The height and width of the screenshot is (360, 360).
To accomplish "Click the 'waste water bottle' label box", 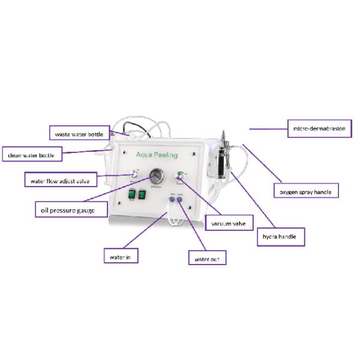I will (79, 134).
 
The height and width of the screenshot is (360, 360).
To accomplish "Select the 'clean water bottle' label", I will (31, 155).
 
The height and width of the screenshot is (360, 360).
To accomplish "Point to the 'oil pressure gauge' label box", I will (71, 209).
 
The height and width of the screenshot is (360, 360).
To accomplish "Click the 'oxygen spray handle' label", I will (306, 192).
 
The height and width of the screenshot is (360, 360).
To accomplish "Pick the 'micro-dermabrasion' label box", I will (319, 128).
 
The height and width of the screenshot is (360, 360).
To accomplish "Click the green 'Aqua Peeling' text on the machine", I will (157, 155).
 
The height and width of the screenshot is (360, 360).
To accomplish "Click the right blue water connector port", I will (179, 202).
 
